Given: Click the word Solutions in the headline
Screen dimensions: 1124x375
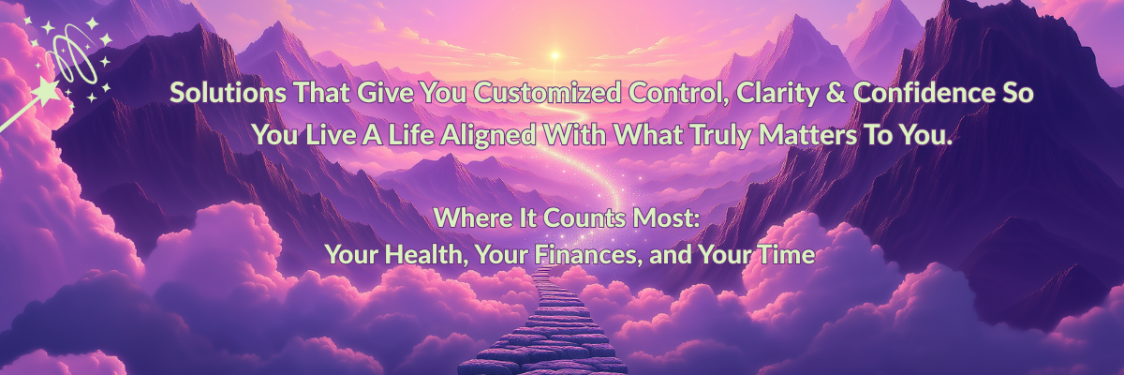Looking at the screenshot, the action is tap(229, 93).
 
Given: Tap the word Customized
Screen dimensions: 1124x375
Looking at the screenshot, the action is tap(547, 93).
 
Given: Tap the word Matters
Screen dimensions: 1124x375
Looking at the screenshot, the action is tap(807, 135).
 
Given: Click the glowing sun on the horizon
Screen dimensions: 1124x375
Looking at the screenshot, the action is tap(555, 54).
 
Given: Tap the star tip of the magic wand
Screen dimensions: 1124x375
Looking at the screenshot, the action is tap(48, 92).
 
